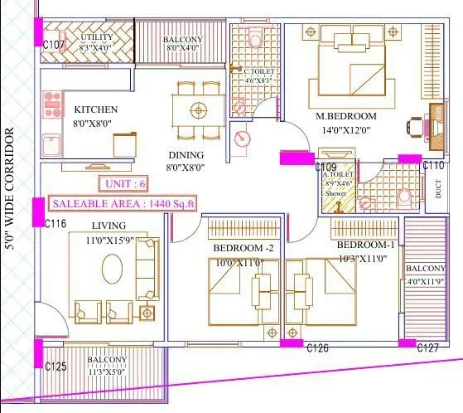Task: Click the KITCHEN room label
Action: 96,109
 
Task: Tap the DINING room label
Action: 186,154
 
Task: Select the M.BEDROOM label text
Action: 346,116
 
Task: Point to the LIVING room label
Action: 109,226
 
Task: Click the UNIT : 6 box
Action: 125,183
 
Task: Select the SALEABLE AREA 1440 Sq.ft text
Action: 123,203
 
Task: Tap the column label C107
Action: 55,45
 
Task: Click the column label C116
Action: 56,224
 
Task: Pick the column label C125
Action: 56,366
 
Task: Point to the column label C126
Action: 317,348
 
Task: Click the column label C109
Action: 326,168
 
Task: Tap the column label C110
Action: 434,166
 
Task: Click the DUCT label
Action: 437,190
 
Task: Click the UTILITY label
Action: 97,37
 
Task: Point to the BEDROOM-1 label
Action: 366,245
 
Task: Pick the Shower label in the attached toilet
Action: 335,193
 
